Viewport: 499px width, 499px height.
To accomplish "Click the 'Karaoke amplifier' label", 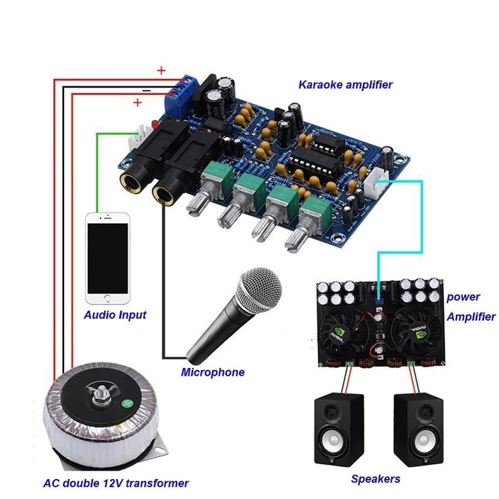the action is [x=345, y=85].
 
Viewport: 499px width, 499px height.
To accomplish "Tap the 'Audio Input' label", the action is [x=115, y=315].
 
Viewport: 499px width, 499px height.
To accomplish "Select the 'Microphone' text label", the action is [x=212, y=372].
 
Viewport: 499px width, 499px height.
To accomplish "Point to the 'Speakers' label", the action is [x=376, y=478].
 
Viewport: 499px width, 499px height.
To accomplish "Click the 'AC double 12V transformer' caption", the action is [x=115, y=483].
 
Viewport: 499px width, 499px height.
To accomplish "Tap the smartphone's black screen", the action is [x=108, y=258].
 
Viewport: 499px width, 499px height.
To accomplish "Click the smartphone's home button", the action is [x=108, y=299].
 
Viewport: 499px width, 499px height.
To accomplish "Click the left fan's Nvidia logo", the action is [x=338, y=334].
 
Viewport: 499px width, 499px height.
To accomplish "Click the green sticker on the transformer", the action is [x=128, y=403].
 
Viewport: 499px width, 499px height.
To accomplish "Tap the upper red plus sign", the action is [x=161, y=71].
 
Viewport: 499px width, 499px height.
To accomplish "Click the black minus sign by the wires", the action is [x=146, y=91].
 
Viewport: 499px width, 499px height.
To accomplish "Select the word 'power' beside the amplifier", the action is [x=463, y=297].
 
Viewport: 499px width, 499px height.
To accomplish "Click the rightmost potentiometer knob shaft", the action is [x=296, y=240].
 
